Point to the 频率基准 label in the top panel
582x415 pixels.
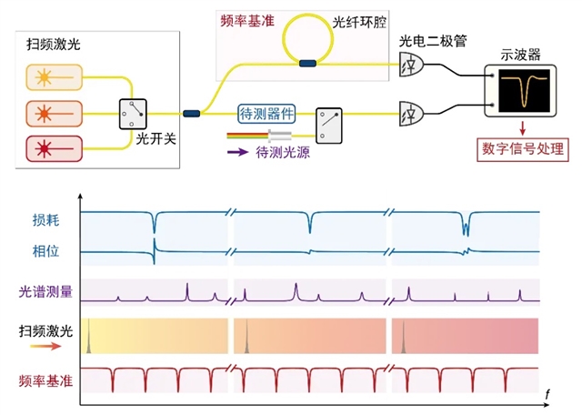pos(248,19)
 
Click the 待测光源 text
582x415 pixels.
pos(283,152)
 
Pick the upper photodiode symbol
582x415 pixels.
pos(411,65)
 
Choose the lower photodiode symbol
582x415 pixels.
pos(411,114)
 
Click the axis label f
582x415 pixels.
pos(547,394)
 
